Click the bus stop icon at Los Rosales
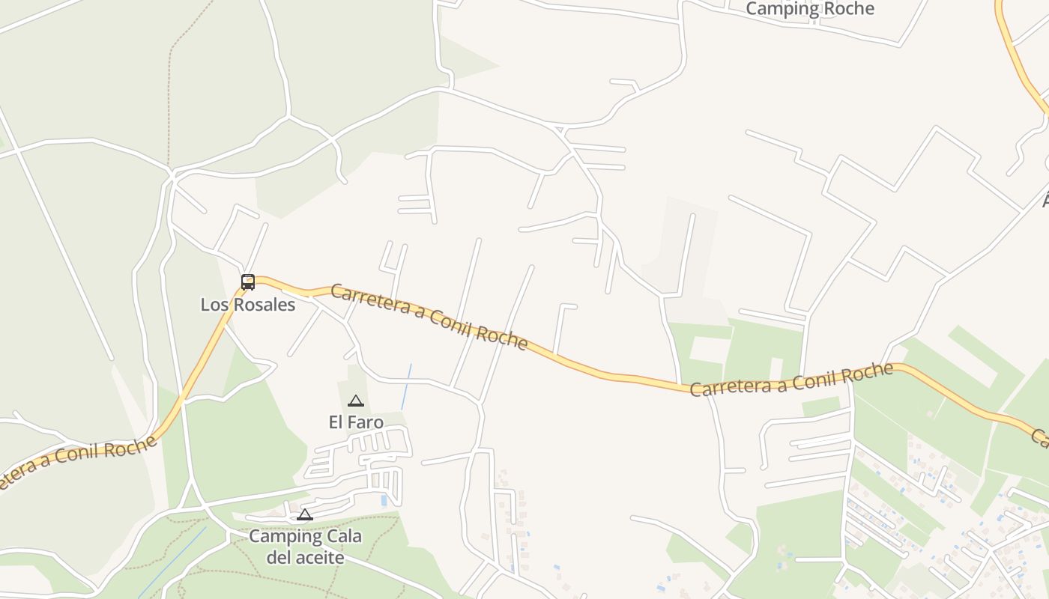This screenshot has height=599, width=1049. coord(248,282)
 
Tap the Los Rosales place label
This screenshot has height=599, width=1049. coord(248,305)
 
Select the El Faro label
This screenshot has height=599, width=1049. coord(356,422)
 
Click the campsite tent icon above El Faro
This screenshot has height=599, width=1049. coord(356,401)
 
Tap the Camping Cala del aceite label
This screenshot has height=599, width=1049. coord(305,547)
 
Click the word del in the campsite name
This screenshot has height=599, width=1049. coord(278,558)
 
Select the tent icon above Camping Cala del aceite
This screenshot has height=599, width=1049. coord(304,514)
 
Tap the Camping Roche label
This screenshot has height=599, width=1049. coord(810,9)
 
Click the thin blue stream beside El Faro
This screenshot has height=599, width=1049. coord(406,387)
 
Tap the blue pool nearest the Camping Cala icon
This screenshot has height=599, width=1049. coord(384,499)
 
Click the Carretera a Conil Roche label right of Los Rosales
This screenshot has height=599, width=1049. coord(429,316)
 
